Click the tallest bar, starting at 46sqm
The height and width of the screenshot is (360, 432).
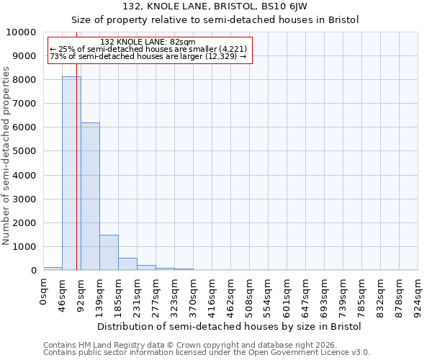[71, 173]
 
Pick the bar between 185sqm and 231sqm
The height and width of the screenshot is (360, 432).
[127, 264]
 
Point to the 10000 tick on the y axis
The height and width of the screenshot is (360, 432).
[23, 32]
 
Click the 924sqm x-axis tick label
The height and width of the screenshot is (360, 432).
[418, 294]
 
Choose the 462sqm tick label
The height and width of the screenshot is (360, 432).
[231, 294]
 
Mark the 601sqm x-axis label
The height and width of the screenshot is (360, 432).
[287, 294]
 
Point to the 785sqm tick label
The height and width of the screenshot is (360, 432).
[362, 294]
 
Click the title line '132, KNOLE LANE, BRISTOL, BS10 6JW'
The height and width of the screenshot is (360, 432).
[215, 6]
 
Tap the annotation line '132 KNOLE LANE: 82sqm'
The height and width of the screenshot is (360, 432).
[148, 42]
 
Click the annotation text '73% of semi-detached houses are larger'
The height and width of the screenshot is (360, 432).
[148, 57]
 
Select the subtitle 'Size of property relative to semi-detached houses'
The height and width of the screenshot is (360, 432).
[215, 19]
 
